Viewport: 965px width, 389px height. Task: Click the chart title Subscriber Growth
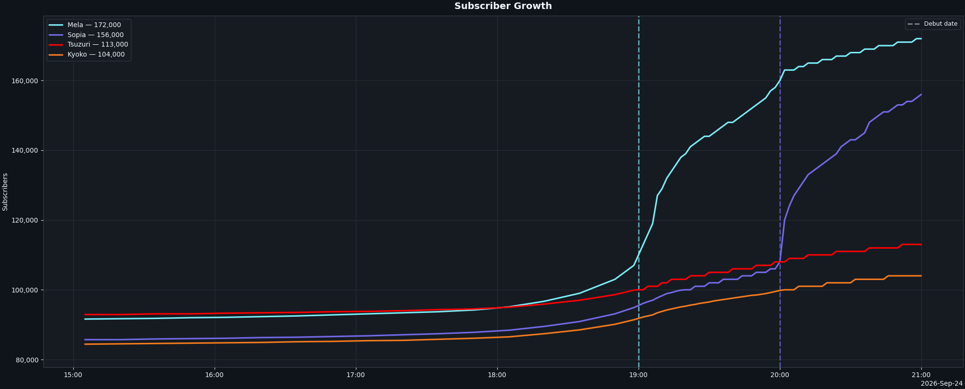503,6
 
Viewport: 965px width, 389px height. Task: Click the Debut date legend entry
932,24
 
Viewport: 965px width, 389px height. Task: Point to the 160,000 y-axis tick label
24,81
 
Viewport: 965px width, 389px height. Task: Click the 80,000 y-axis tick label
27,360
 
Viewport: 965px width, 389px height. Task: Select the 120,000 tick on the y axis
24,221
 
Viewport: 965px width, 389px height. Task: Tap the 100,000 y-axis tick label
24,290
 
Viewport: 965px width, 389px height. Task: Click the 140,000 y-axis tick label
24,151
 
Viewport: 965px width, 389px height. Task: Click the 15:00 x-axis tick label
73,375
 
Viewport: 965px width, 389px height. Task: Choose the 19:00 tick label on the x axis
639,375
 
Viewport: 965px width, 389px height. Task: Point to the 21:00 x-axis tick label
921,375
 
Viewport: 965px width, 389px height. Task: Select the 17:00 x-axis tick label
356,375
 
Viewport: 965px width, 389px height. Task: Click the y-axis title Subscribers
5,192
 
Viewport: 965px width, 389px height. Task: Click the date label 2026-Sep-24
942,384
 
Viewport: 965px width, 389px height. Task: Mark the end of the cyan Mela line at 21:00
921,39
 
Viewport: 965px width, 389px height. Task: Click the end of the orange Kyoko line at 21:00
921,276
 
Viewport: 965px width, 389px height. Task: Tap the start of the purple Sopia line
85,340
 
